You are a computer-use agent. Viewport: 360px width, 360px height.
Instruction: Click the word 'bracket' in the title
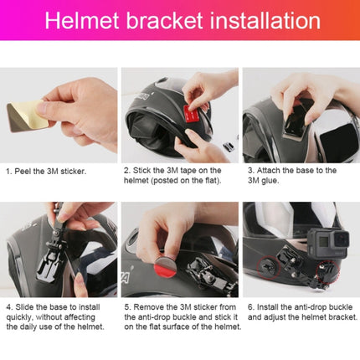(164, 21)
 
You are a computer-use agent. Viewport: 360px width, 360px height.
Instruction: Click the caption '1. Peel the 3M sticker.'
(45, 171)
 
